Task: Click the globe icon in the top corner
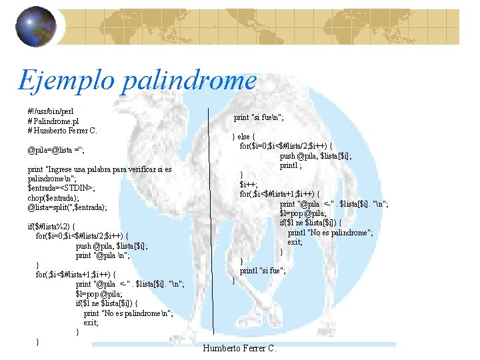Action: pyautogui.click(x=35, y=29)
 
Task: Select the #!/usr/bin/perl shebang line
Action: pyautogui.click(x=51, y=111)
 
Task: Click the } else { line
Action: pyautogui.click(x=243, y=137)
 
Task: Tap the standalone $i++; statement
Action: pyautogui.click(x=249, y=185)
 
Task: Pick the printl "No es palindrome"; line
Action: pyautogui.click(x=330, y=233)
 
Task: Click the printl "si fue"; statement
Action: pyautogui.click(x=263, y=271)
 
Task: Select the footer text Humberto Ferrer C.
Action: pyautogui.click(x=239, y=348)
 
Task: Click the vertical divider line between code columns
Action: pyautogui.click(x=213, y=233)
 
